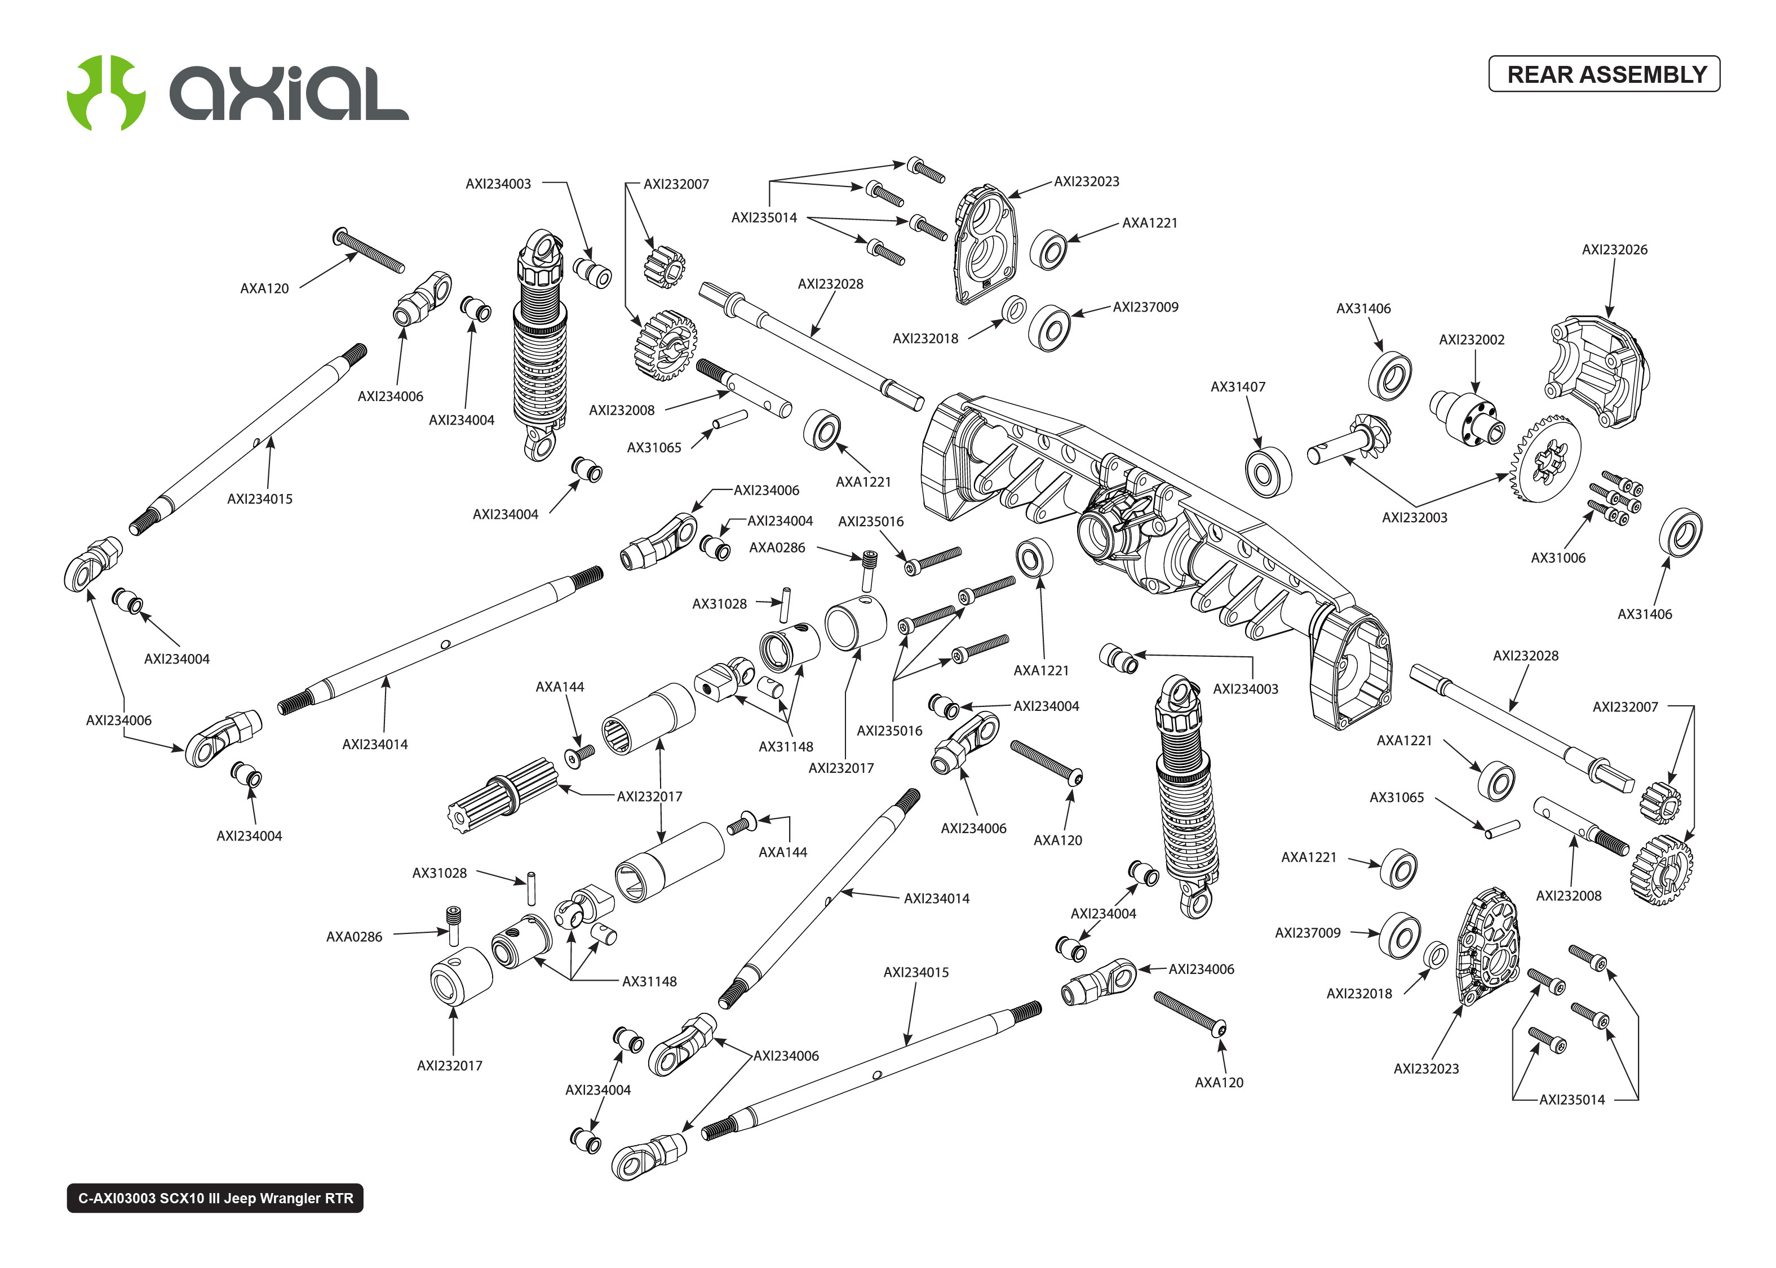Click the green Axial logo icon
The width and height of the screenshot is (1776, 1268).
pyautogui.click(x=105, y=92)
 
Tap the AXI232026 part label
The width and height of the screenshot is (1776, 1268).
pyautogui.click(x=1614, y=250)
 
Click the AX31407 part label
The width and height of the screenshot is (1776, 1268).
pyautogui.click(x=1237, y=386)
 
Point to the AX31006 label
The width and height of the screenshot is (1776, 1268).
pyautogui.click(x=1557, y=558)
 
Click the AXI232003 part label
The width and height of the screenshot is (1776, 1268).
pyautogui.click(x=1414, y=518)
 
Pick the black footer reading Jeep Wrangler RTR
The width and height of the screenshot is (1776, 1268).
pyautogui.click(x=215, y=1198)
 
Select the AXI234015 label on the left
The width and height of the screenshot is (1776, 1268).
pyautogui.click(x=259, y=499)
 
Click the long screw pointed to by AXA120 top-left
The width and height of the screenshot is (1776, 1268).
pyautogui.click(x=369, y=250)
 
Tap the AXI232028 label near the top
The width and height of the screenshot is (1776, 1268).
pyautogui.click(x=830, y=284)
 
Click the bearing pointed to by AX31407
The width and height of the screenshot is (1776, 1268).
pyautogui.click(x=1267, y=471)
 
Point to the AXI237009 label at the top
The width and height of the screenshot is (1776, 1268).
pyautogui.click(x=1145, y=308)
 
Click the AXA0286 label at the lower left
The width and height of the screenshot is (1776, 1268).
pyautogui.click(x=354, y=937)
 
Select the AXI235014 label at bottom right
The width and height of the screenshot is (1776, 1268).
pyautogui.click(x=1571, y=1100)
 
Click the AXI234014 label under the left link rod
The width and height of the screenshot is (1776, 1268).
pyautogui.click(x=374, y=745)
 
